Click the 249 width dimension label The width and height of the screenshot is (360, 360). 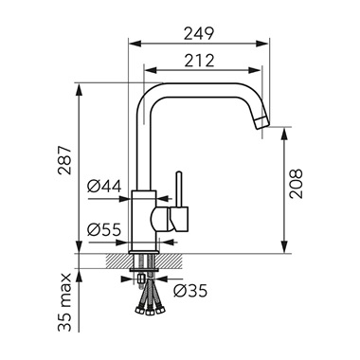199,33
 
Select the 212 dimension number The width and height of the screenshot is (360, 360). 199,61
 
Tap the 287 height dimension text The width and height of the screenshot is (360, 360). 65,160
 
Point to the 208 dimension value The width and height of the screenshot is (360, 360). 296,184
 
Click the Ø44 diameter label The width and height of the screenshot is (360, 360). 104,187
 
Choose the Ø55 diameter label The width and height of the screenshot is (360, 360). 104,229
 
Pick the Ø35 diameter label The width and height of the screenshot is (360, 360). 190,291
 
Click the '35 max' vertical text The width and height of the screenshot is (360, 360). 65,302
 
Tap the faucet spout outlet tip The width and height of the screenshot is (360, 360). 261,122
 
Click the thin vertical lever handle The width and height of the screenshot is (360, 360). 179,189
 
